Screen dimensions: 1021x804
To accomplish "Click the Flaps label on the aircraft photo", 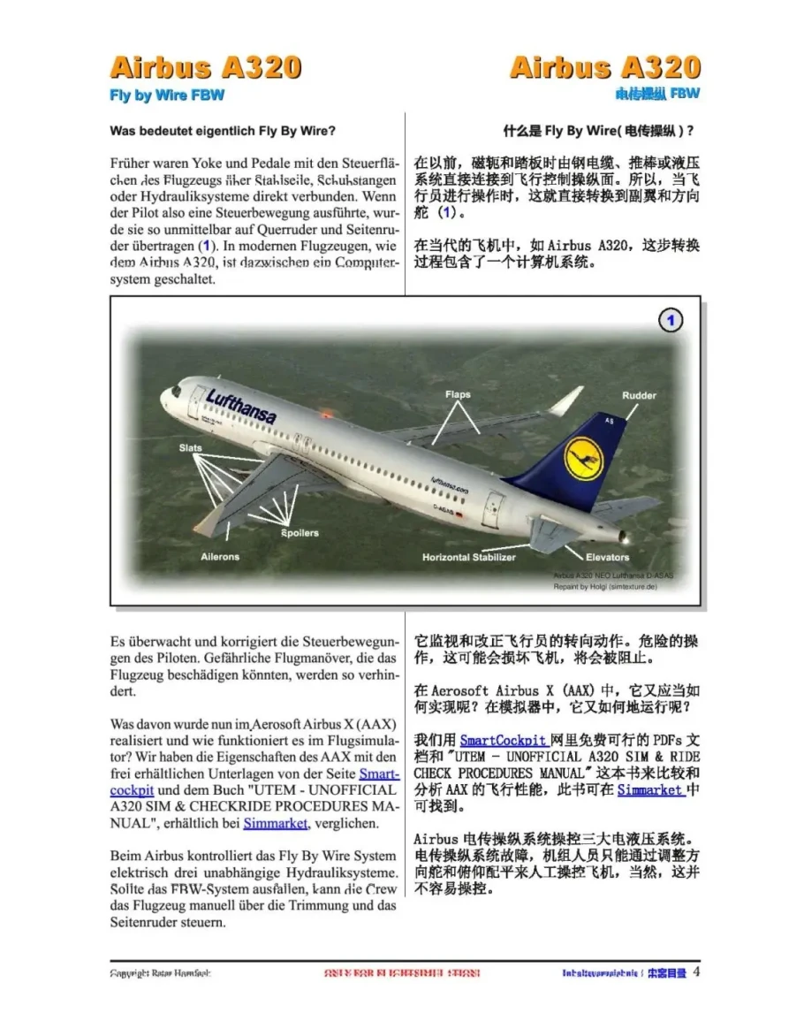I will (x=458, y=395).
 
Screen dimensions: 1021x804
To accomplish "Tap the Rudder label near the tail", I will (x=639, y=395).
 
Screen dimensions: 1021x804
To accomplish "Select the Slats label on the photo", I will (x=190, y=448).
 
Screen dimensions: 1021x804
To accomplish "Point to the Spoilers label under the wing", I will (x=300, y=533).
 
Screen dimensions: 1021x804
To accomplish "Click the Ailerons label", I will (x=220, y=557).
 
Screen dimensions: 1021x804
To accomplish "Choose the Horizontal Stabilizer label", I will (x=475, y=557).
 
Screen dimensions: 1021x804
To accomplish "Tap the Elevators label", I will (x=608, y=557).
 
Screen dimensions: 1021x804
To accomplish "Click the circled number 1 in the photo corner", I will (x=672, y=321).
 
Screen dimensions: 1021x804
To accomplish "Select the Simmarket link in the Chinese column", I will (x=650, y=790).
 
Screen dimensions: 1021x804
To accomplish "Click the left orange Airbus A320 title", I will (x=205, y=68).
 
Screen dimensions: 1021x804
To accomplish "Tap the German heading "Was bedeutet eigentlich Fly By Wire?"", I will (x=223, y=132).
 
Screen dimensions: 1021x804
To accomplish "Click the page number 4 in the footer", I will (x=696, y=972).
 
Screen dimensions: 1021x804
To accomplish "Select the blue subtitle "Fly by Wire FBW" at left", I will (x=166, y=94).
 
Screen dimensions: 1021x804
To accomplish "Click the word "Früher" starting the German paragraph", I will (x=131, y=164).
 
